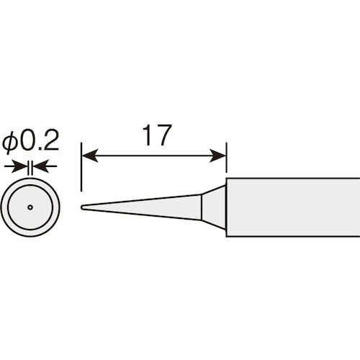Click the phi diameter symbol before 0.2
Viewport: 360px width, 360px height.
[x=9, y=143]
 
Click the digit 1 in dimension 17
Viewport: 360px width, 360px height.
[x=146, y=136]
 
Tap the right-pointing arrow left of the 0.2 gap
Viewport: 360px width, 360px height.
[x=20, y=166]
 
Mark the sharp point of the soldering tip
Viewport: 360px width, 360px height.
[x=82, y=207]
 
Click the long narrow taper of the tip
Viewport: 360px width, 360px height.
[x=144, y=207]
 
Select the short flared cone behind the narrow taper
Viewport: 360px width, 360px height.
[x=213, y=207]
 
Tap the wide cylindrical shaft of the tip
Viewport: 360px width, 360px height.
[x=292, y=207]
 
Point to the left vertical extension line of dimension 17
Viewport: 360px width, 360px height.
[x=81, y=173]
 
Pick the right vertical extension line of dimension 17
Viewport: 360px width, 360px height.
[x=226, y=162]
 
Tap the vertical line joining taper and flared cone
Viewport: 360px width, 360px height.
[x=202, y=207]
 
